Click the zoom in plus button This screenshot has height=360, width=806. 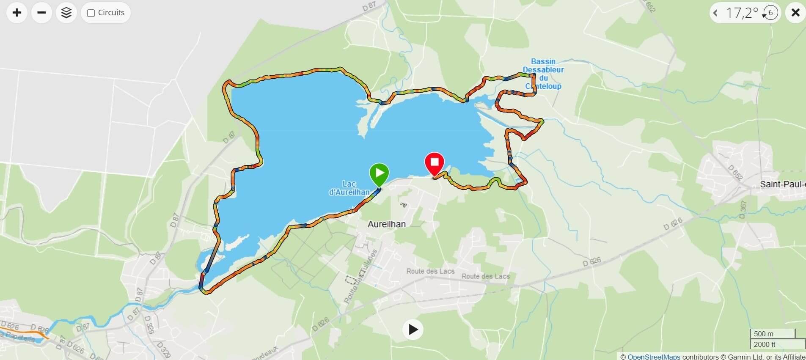click(17, 13)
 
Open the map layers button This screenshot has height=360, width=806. click(66, 13)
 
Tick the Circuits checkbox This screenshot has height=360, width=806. click(91, 13)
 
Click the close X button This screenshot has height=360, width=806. click(795, 13)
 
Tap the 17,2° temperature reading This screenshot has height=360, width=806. click(742, 13)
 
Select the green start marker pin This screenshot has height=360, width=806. click(379, 173)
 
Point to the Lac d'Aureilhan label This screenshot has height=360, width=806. click(349, 188)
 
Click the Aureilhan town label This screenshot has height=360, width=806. click(386, 224)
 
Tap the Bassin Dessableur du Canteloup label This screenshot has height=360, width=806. click(543, 74)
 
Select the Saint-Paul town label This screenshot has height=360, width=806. click(782, 184)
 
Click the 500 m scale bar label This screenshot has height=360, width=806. click(764, 334)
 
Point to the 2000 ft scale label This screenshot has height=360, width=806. click(765, 344)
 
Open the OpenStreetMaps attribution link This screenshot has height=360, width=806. click(654, 357)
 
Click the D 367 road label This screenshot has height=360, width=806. click(743, 209)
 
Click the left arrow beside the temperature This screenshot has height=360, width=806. click(715, 13)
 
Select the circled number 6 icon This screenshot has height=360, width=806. click(770, 13)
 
